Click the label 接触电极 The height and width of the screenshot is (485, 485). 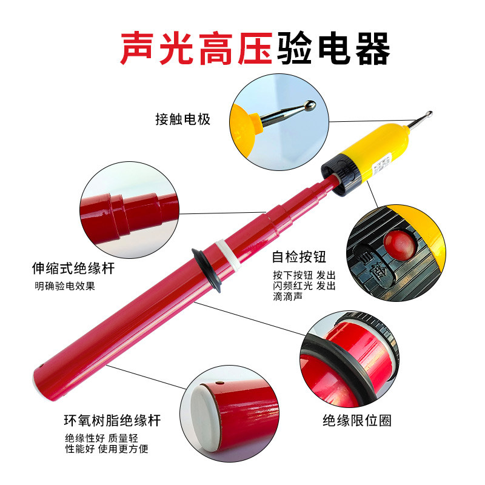183,119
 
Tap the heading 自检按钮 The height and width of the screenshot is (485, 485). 299,256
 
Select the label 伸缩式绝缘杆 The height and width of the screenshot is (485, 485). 73,268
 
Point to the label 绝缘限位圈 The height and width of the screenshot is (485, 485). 357,420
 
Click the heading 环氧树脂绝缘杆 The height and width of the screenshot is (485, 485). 113,420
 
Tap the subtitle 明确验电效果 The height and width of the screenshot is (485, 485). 65,286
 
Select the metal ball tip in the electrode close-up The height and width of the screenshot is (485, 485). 310,105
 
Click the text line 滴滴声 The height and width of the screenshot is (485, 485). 287,296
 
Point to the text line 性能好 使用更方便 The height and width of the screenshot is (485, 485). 107,449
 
